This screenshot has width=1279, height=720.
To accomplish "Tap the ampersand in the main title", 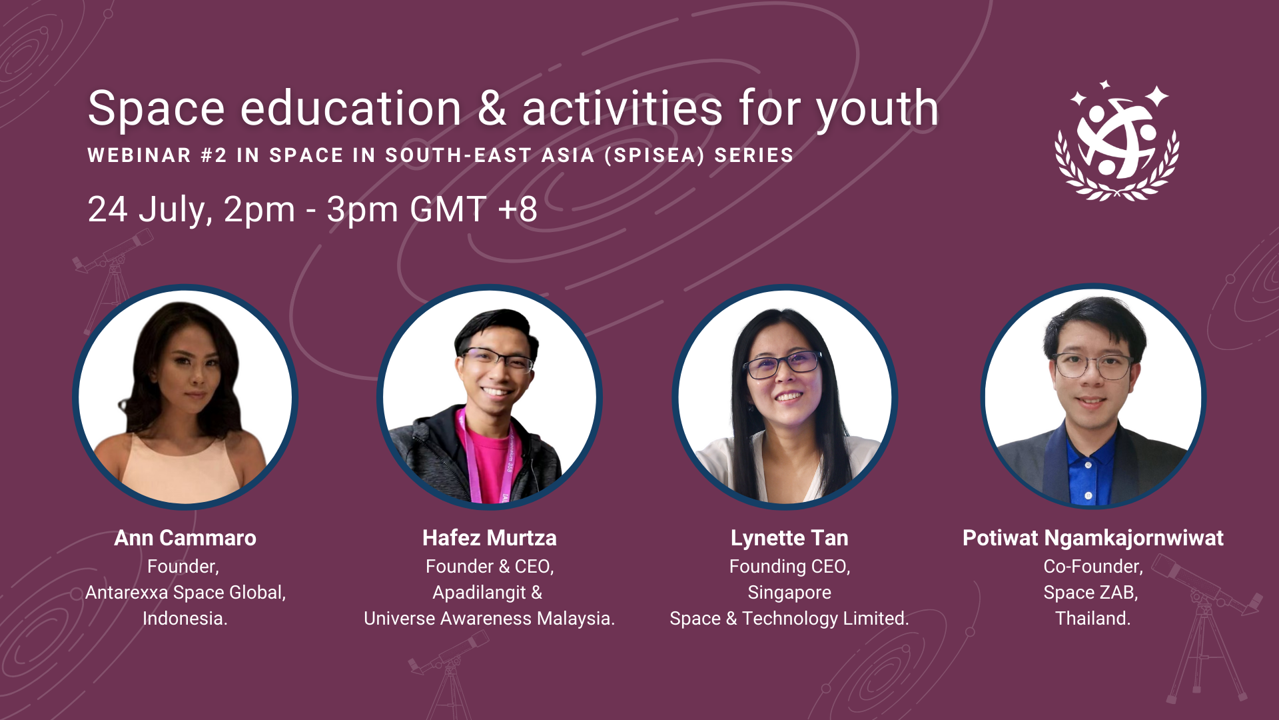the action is [492, 108].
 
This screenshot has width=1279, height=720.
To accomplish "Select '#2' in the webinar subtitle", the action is [214, 155].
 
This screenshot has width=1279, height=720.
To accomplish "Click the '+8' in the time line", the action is [518, 209].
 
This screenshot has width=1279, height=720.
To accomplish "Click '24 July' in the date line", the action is [150, 210].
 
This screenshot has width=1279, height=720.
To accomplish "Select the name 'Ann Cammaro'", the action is [185, 538].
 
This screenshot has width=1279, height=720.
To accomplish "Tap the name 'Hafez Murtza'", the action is [490, 538].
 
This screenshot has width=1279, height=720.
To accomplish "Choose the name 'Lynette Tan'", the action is [789, 538].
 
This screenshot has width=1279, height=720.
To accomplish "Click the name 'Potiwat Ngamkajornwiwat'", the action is [1093, 539].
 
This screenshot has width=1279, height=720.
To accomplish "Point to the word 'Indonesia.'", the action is [185, 619].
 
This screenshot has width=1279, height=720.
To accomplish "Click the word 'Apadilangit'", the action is [480, 593].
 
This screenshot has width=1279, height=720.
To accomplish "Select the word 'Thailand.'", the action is [1093, 619].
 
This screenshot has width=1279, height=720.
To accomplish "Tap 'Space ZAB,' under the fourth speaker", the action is [1091, 593].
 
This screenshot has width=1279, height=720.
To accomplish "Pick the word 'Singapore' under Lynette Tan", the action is [789, 593].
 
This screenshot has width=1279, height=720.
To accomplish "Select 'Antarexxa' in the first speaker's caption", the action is [127, 593].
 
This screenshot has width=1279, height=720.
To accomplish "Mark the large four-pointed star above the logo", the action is [1158, 96].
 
